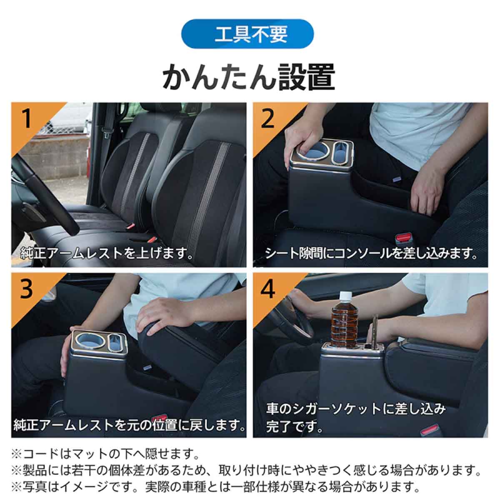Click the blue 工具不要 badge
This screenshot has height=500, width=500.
pos(250,35)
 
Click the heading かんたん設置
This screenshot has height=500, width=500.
pos(249,77)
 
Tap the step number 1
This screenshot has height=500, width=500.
pos(27,118)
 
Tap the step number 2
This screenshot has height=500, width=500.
pos(268,118)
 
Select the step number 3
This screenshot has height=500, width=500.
pos(27,289)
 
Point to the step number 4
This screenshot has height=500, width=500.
pos(268,289)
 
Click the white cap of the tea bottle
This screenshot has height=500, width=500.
pos(345,297)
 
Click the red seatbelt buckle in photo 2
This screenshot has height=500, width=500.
pos(402,240)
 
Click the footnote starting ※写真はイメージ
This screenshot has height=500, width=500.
pos(215,486)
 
